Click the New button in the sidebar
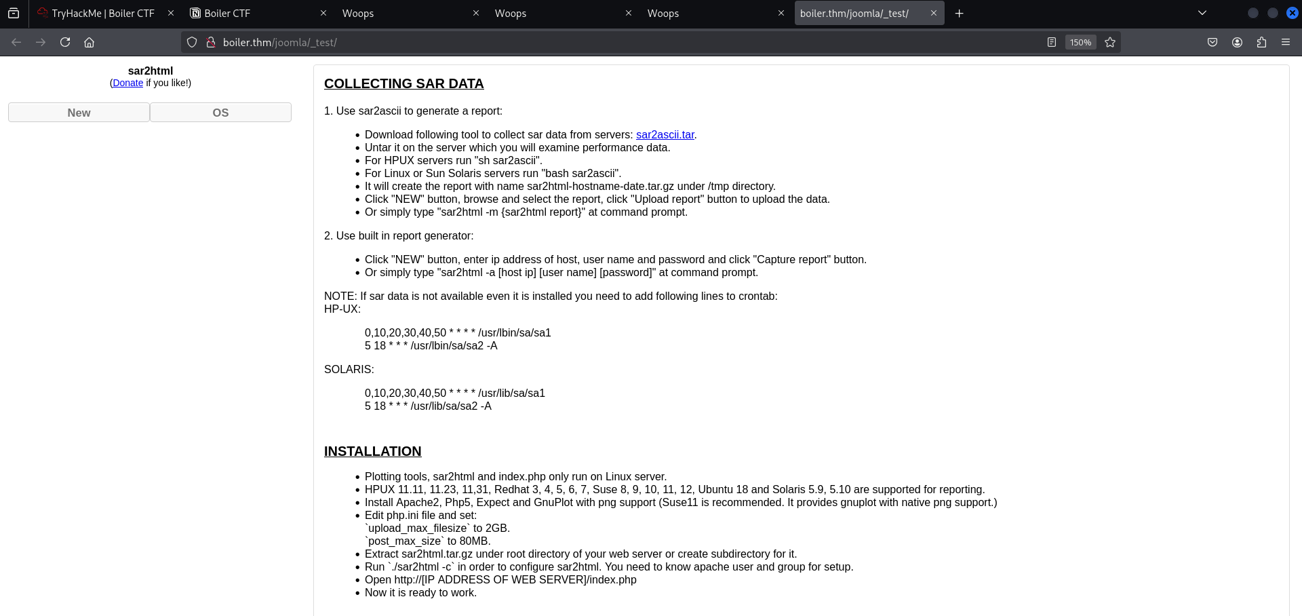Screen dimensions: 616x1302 point(79,113)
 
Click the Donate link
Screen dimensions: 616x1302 point(127,83)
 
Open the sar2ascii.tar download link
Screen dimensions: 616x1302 point(665,134)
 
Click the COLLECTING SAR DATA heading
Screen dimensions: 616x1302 point(403,83)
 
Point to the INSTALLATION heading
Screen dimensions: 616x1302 point(372,451)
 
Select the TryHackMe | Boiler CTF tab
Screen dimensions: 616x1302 point(102,14)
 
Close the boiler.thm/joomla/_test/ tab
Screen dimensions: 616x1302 point(933,13)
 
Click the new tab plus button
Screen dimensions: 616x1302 point(959,14)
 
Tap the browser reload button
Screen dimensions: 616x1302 point(65,42)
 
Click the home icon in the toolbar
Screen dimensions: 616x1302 point(89,42)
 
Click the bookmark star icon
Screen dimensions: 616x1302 point(1110,42)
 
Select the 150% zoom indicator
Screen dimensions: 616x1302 point(1080,42)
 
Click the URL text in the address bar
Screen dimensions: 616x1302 point(280,42)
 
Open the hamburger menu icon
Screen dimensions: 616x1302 point(1286,42)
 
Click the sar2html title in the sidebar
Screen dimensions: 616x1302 point(151,71)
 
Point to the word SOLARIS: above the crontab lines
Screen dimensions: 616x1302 point(349,369)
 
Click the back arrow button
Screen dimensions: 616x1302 point(16,42)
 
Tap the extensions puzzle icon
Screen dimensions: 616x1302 point(1261,42)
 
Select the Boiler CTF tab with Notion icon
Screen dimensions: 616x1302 point(226,14)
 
